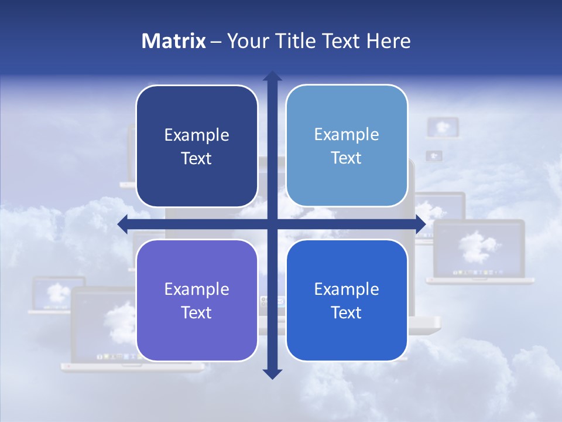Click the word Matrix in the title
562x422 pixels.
click(174, 41)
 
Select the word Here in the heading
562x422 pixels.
click(388, 41)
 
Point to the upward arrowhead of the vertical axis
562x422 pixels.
click(272, 76)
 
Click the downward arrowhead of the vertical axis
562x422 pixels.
click(272, 373)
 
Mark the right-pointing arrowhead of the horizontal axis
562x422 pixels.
click(420, 224)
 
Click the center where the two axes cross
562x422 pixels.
click(272, 224)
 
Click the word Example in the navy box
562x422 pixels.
click(197, 135)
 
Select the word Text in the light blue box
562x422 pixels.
click(346, 158)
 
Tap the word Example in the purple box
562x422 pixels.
click(197, 289)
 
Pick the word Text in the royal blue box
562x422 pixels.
click(346, 312)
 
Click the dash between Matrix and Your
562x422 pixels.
click(216, 42)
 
